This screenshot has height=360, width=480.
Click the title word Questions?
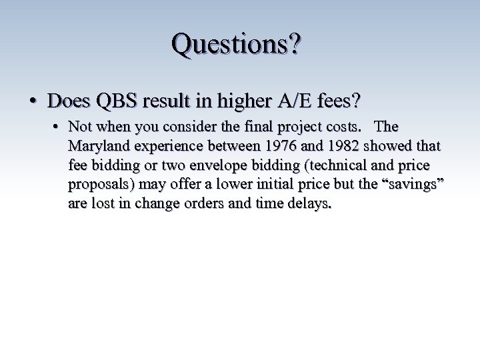pyautogui.click(x=237, y=44)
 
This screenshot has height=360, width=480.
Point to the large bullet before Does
pyautogui.click(x=32, y=101)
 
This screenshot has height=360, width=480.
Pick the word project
pyautogui.click(x=305, y=127)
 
